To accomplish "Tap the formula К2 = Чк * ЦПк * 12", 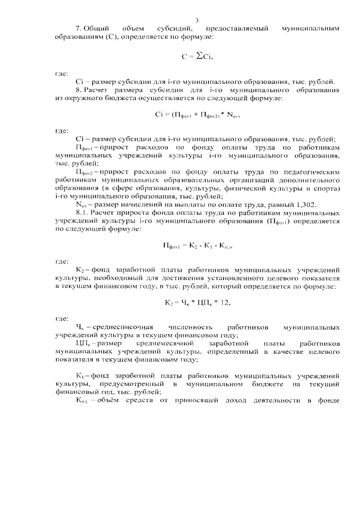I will (x=197, y=302).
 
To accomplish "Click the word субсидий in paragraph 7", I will (x=179, y=28).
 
